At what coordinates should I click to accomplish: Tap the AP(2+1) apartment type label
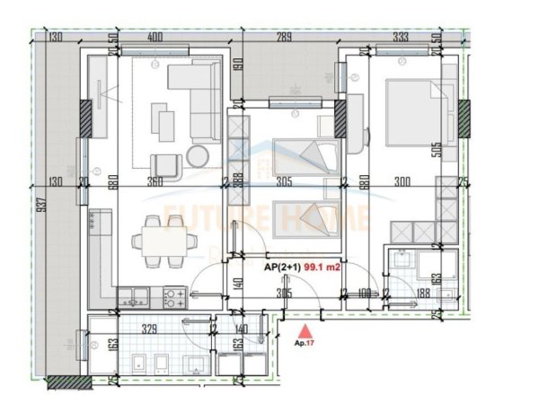282,267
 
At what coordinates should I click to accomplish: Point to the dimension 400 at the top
155,38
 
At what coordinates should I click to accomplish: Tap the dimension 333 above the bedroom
401,38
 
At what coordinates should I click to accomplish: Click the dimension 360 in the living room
155,181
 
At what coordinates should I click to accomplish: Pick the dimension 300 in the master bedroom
402,181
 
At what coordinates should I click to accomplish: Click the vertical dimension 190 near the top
241,66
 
